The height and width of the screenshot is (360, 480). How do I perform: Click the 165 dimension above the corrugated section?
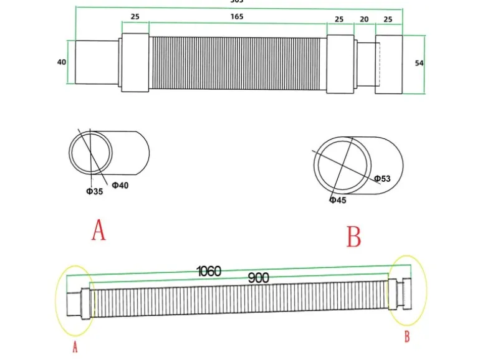(x=237, y=17)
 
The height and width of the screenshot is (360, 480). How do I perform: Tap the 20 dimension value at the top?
(x=364, y=19)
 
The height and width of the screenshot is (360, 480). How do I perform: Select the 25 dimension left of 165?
(x=135, y=17)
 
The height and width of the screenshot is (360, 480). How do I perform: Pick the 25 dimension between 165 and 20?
(x=339, y=19)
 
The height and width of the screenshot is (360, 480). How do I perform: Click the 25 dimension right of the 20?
(x=388, y=19)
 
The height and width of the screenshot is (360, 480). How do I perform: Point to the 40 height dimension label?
(x=62, y=62)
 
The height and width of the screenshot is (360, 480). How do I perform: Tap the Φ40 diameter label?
(x=120, y=185)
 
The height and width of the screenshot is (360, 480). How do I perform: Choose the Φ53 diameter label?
(x=382, y=179)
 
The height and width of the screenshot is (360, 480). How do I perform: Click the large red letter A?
(x=98, y=230)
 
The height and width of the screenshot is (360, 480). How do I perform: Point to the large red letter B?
(x=353, y=237)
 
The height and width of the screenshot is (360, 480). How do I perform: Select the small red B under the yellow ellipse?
(x=407, y=337)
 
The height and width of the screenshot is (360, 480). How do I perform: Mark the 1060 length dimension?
(x=209, y=271)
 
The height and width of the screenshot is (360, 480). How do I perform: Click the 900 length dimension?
(x=259, y=278)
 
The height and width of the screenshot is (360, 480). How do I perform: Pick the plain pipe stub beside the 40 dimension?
(x=97, y=62)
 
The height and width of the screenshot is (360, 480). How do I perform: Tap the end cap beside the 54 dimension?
(x=390, y=64)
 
